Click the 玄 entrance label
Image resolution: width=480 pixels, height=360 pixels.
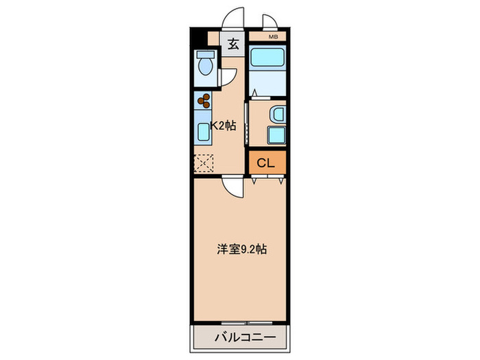coord(233,45)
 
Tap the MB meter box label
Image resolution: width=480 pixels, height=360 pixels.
coord(273,36)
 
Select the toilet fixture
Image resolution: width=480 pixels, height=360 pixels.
coord(204,66)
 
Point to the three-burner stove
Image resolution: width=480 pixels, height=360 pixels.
coord(204,102)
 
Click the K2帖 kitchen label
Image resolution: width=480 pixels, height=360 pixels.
coord(224,125)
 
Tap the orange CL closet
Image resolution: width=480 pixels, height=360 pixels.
coord(266,163)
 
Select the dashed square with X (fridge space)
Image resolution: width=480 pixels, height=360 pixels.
coord(204,163)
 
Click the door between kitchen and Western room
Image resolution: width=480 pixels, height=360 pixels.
coord(232,187)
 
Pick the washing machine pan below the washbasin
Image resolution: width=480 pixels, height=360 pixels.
coord(276,135)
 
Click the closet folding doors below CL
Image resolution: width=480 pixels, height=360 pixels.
coord(267,180)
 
